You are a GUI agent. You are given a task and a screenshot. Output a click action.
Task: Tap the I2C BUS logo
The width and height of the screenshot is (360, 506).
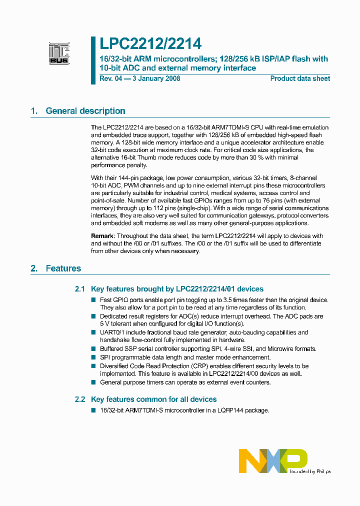tap(59, 52)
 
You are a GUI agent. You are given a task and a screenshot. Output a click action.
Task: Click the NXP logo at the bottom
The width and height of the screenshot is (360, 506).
tap(272, 460)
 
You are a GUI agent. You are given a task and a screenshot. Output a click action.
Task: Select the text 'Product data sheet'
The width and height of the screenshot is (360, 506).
tap(300, 78)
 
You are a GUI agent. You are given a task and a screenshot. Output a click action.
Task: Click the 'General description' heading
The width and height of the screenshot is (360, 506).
tap(85, 111)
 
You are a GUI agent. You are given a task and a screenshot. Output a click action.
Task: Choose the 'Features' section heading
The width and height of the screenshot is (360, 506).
tap(63, 268)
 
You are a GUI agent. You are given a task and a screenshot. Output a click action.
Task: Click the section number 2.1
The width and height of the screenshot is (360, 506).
tap(80, 289)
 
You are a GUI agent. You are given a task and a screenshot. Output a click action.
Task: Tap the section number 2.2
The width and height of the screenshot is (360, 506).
tap(80, 399)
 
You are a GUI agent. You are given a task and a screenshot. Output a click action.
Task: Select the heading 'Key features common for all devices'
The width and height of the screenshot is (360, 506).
tap(154, 399)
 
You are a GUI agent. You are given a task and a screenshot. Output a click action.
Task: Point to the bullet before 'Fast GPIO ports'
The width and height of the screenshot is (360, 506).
tap(93, 300)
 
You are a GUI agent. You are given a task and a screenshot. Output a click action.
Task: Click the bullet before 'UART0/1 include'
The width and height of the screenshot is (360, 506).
tap(93, 332)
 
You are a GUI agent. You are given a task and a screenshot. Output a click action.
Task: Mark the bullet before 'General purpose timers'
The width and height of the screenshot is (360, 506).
tap(93, 382)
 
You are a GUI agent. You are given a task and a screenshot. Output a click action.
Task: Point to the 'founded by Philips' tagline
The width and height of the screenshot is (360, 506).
tap(311, 471)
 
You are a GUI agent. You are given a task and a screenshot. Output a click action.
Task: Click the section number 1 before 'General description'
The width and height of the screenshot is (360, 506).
tap(33, 111)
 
